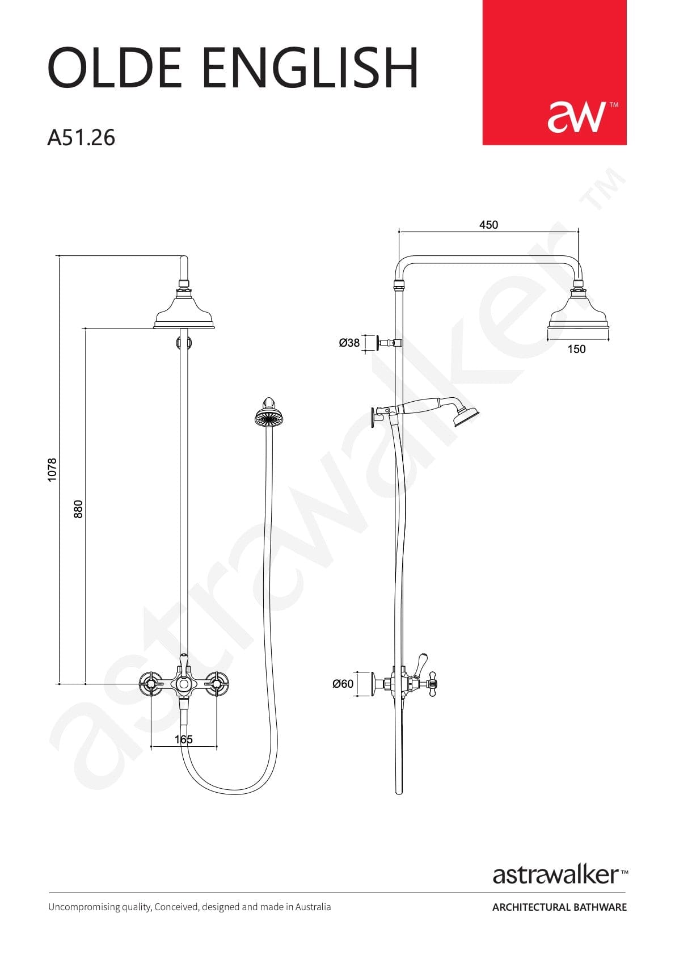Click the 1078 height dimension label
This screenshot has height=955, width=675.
click(x=52, y=470)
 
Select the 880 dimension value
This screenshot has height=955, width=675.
click(x=78, y=508)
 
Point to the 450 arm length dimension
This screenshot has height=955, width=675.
click(x=488, y=225)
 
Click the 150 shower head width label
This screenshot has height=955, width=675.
click(x=576, y=349)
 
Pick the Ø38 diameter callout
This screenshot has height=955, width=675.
click(x=349, y=342)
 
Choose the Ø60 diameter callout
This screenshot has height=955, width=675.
click(x=343, y=684)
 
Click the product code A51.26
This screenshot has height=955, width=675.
click(x=81, y=138)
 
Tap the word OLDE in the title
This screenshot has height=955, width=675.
click(x=115, y=68)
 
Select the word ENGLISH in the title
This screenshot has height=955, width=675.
click(x=311, y=68)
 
